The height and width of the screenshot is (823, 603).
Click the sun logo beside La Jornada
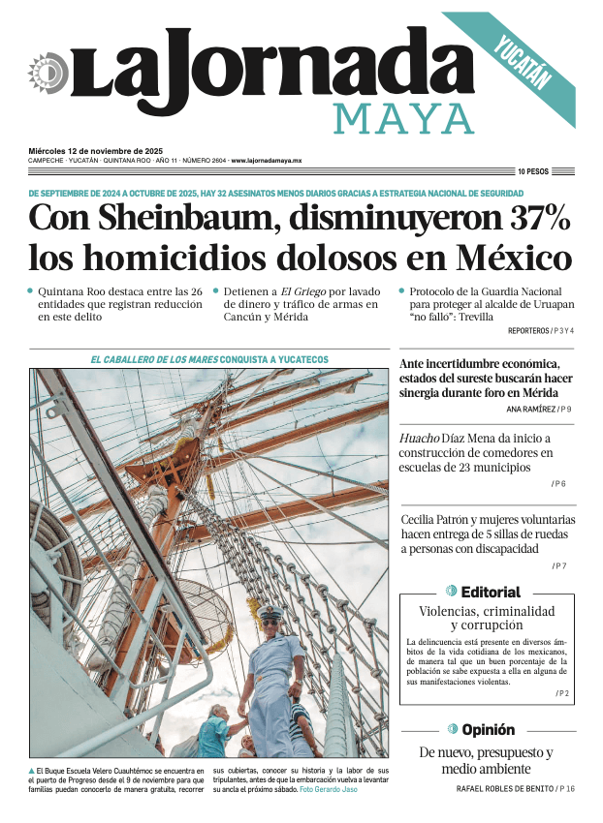46,74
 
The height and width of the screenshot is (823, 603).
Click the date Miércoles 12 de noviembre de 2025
95,151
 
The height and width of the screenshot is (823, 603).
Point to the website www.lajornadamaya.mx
267,161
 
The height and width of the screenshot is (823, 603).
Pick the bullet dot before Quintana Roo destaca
30,290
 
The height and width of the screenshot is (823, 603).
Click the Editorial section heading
491,592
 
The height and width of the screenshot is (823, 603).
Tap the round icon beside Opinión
453,729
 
